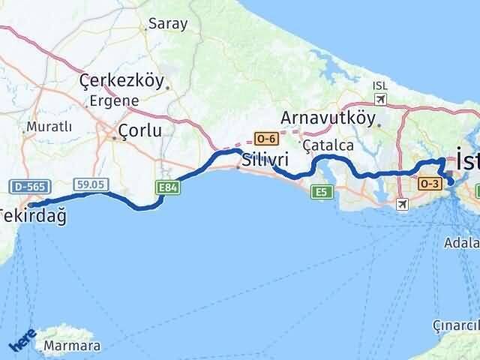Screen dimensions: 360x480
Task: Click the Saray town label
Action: coord(167,24)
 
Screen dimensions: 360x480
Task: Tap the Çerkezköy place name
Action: coord(121,81)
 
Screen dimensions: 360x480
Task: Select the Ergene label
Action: coord(114,100)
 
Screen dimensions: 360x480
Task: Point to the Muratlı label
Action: coord(49,127)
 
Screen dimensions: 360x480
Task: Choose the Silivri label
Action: coord(265,160)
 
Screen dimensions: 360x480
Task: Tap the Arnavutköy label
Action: coord(327,118)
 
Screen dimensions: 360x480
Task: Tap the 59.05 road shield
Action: coord(88,183)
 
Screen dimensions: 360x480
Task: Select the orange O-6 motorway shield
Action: coord(266,139)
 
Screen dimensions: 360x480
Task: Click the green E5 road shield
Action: coord(322,192)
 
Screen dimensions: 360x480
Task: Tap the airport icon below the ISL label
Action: coord(380,100)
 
